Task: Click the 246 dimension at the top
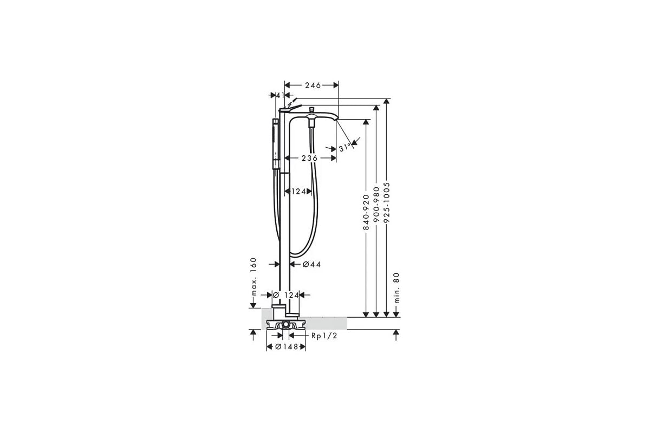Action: coord(313,85)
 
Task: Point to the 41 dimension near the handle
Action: coord(280,95)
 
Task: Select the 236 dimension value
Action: coord(310,158)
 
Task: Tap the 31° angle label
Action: coord(343,148)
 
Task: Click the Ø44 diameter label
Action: coord(312,264)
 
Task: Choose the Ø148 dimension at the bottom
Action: coord(287,347)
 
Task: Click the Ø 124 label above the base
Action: coord(287,295)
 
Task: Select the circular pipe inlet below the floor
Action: coord(285,325)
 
